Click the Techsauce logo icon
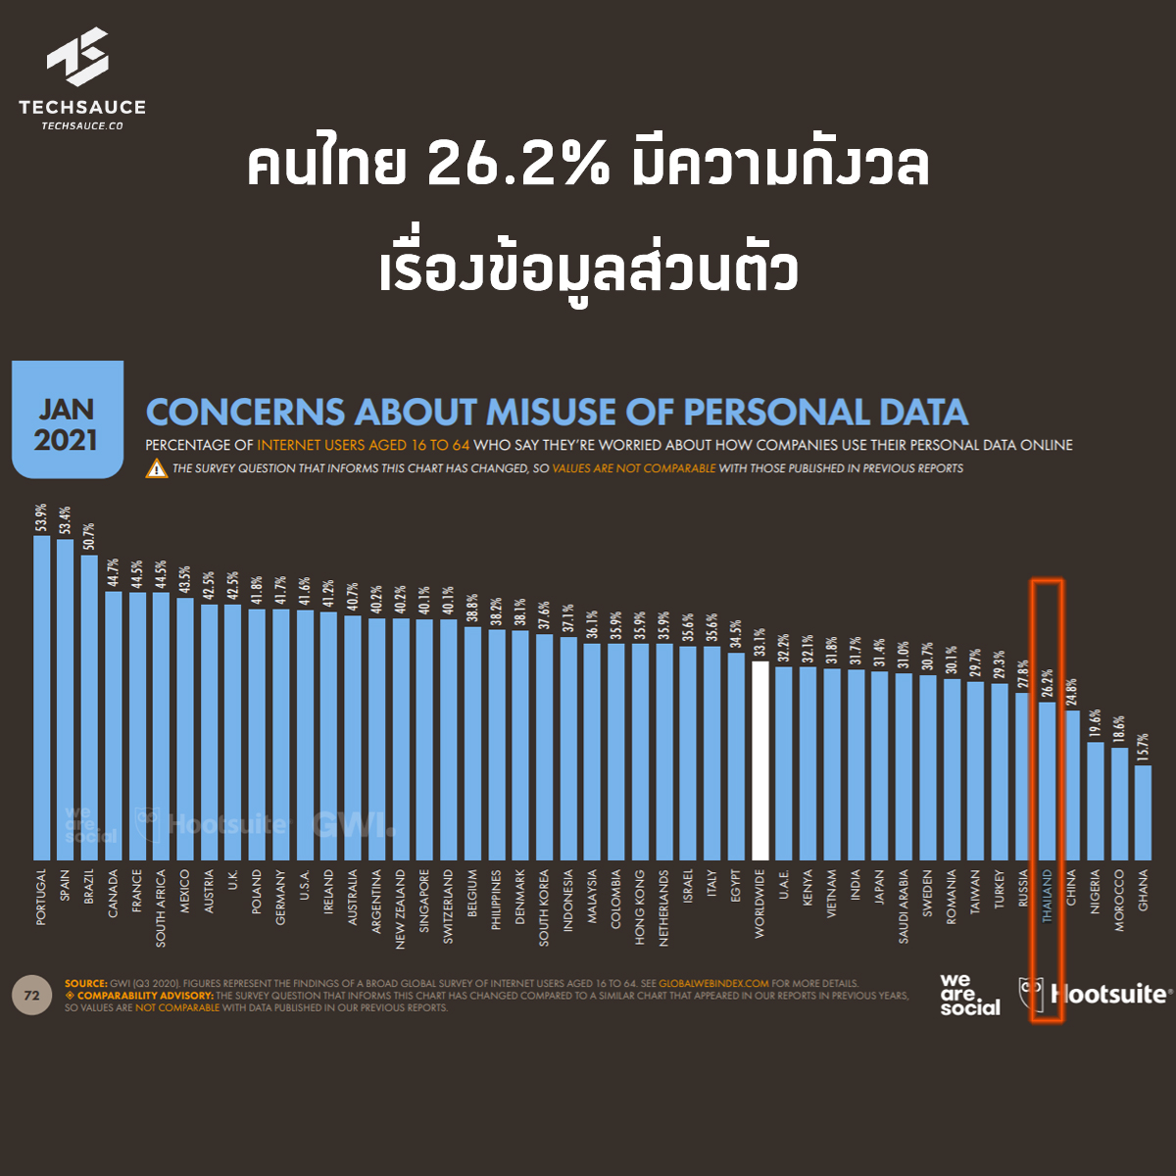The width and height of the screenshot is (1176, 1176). tap(78, 57)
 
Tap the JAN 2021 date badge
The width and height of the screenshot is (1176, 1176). tap(67, 423)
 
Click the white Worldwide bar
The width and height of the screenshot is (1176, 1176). tap(759, 760)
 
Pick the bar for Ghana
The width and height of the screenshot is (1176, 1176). tap(1143, 812)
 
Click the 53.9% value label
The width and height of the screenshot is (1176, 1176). tap(41, 517)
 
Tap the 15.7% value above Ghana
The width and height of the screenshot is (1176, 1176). tap(1143, 748)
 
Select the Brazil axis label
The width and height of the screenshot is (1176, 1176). tap(89, 892)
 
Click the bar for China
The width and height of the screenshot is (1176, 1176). tap(1071, 785)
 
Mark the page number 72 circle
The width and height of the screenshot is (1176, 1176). tap(31, 996)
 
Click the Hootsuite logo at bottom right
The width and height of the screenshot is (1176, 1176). tap(1096, 995)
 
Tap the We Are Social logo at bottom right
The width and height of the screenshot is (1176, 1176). tap(969, 995)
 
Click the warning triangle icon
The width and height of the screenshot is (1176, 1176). tap(157, 468)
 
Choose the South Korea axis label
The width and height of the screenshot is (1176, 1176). tap(544, 906)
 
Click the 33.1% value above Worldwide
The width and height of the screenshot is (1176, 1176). tap(759, 642)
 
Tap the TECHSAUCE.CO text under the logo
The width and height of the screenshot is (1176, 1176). tap(82, 125)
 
